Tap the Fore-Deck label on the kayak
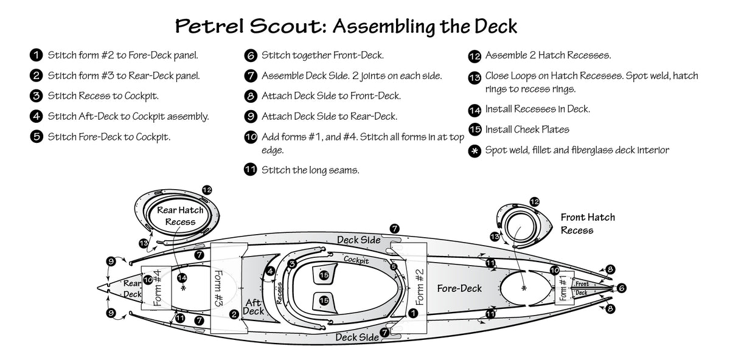[x=459, y=288]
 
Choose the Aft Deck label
[x=254, y=307]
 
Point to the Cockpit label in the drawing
[x=356, y=260]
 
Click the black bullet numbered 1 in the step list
[x=36, y=55]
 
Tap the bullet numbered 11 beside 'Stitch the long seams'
[x=249, y=170]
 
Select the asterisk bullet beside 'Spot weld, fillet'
[x=475, y=150]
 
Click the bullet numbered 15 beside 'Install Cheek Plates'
[x=475, y=130]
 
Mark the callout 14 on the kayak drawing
[x=181, y=277]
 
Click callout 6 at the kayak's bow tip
[x=622, y=288]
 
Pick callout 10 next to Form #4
[x=148, y=280]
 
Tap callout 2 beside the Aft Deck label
[x=234, y=314]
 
